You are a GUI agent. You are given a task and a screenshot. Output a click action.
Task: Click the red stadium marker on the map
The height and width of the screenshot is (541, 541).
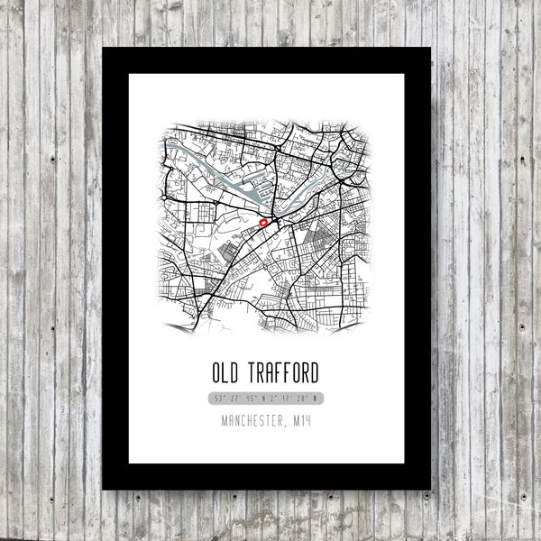264,220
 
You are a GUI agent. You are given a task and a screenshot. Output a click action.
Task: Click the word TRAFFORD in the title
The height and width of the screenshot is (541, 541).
288,371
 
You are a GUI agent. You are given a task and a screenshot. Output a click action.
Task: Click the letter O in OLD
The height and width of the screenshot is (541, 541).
216,371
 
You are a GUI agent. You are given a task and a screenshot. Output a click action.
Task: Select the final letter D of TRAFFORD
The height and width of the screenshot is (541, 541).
324,371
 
